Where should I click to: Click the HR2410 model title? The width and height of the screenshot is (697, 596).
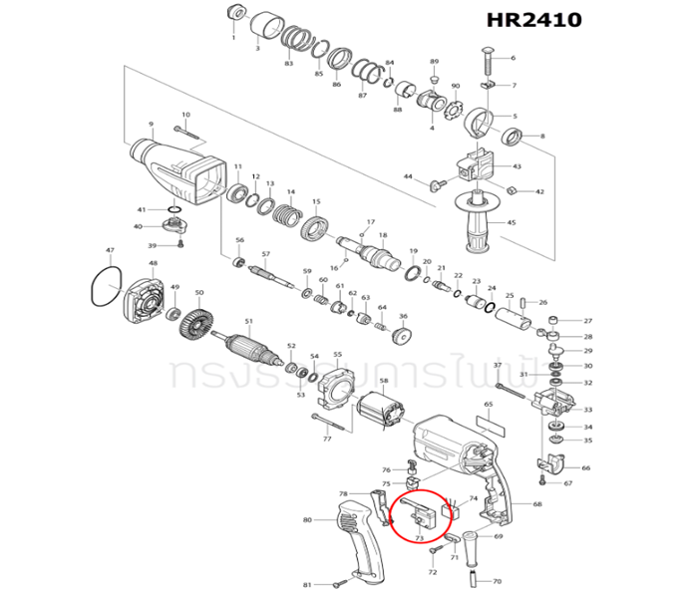tap(533, 20)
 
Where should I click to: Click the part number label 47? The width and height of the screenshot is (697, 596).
tap(110, 251)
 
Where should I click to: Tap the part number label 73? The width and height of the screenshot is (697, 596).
tap(420, 539)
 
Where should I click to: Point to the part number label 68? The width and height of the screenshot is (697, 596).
tap(537, 504)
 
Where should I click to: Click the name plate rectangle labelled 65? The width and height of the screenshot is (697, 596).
tap(492, 423)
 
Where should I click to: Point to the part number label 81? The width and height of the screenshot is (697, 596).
tap(308, 584)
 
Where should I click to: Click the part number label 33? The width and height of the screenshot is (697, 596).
tap(587, 410)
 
